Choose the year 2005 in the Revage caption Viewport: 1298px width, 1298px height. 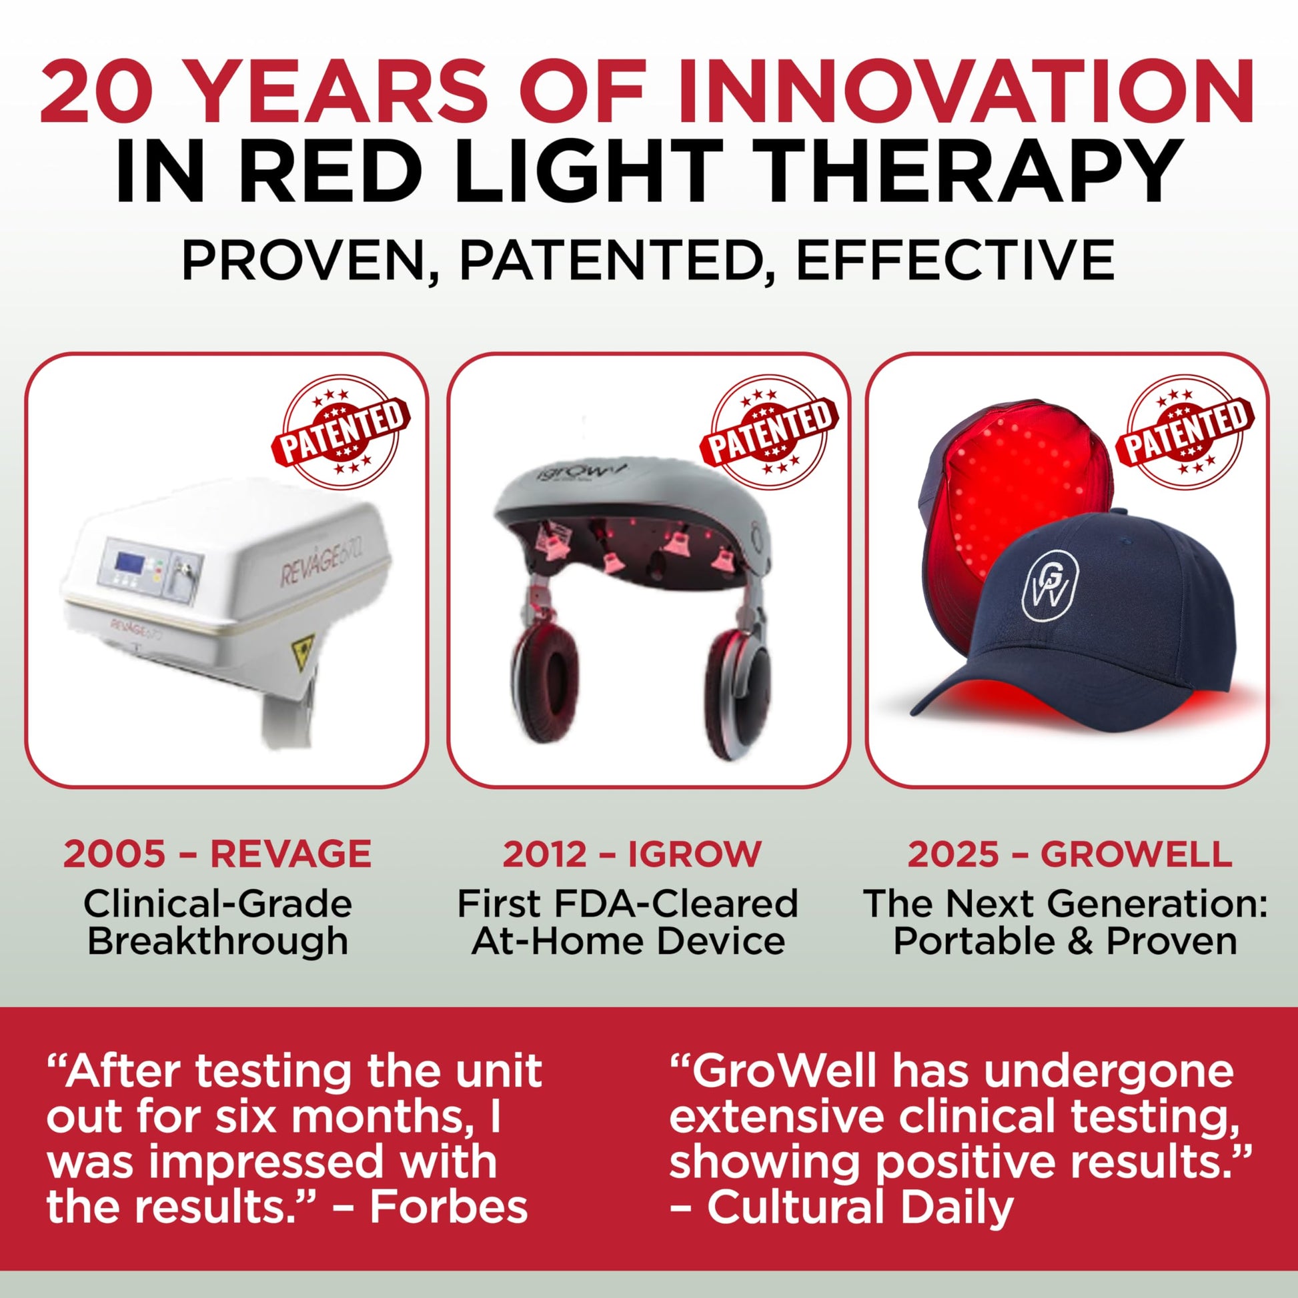[x=114, y=854]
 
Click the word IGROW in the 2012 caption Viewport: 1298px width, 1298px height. [x=694, y=854]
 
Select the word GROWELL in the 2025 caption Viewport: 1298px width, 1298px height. [x=1136, y=854]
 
